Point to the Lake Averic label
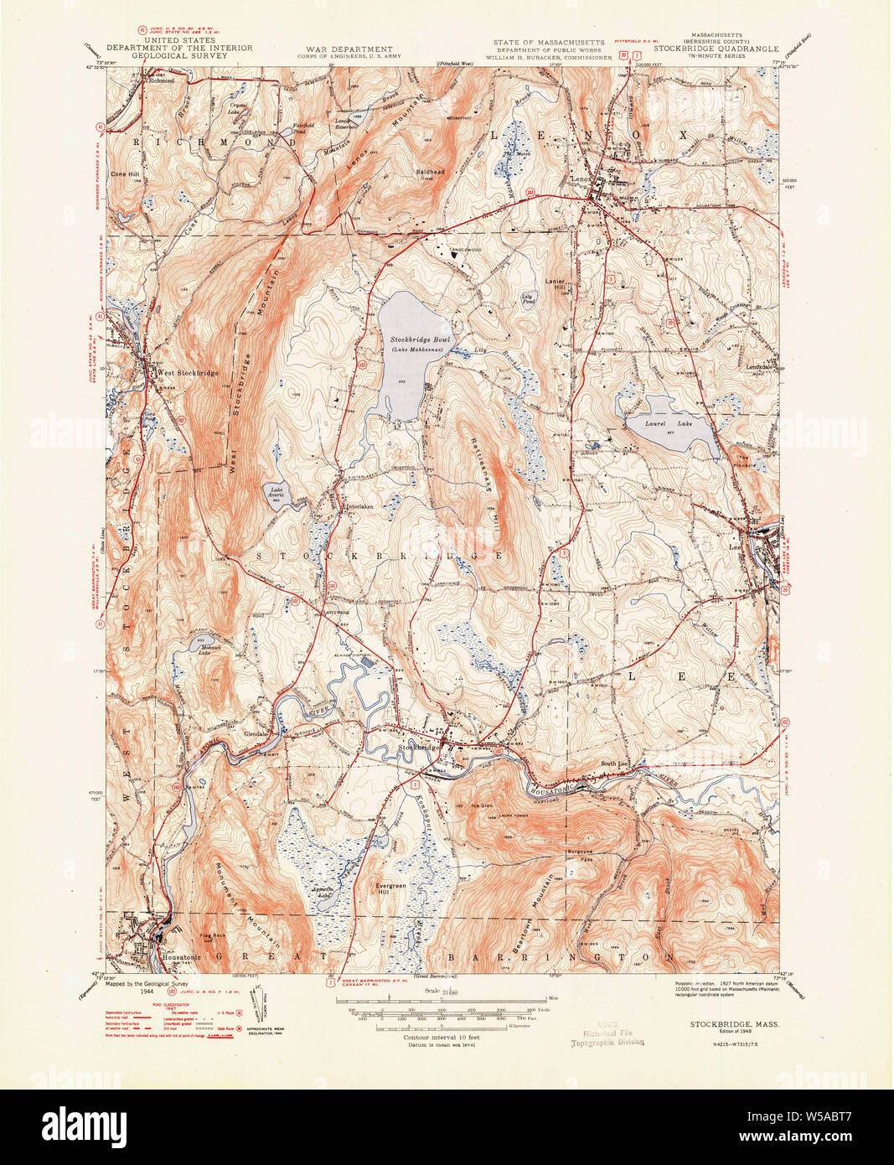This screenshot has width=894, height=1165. coord(276,492)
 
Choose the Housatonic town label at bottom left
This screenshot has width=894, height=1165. coord(173,952)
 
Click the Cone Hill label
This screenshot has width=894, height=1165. coord(124,174)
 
